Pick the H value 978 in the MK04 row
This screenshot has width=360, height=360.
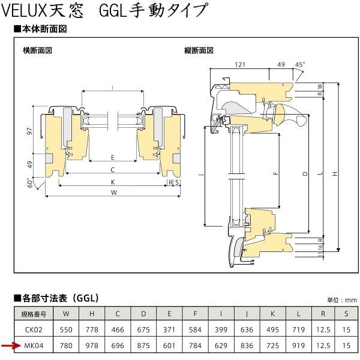point(92,345)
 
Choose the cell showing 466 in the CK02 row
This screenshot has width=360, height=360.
point(118,329)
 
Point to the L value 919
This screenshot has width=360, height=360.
point(298,345)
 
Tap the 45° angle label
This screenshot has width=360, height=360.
point(299,64)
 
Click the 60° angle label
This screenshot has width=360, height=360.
point(29,182)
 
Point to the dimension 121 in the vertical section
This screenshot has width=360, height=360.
point(240,64)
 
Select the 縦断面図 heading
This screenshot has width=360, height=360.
point(199,50)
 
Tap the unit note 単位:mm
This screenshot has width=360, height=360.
point(343,300)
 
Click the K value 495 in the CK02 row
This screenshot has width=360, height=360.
point(272,329)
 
